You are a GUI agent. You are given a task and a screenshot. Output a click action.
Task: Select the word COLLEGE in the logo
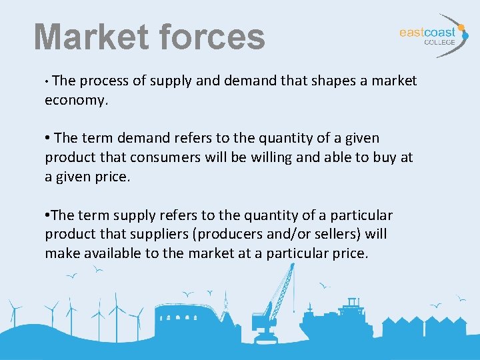click(x=440, y=42)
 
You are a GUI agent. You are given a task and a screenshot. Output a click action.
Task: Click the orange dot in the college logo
click(x=461, y=28)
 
